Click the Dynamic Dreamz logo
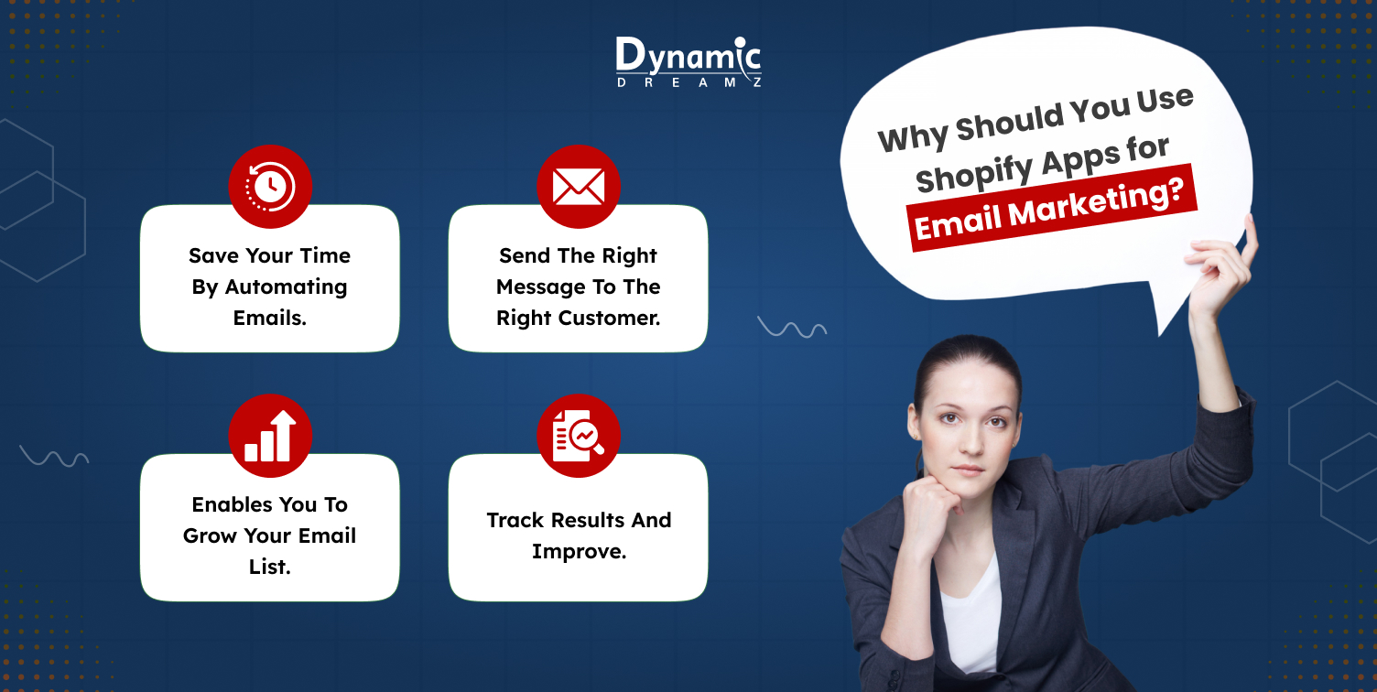688,61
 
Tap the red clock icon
270,187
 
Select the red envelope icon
578,187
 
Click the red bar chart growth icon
270,436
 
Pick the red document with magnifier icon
578,436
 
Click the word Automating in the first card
287,287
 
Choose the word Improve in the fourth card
579,551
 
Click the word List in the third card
269,567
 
